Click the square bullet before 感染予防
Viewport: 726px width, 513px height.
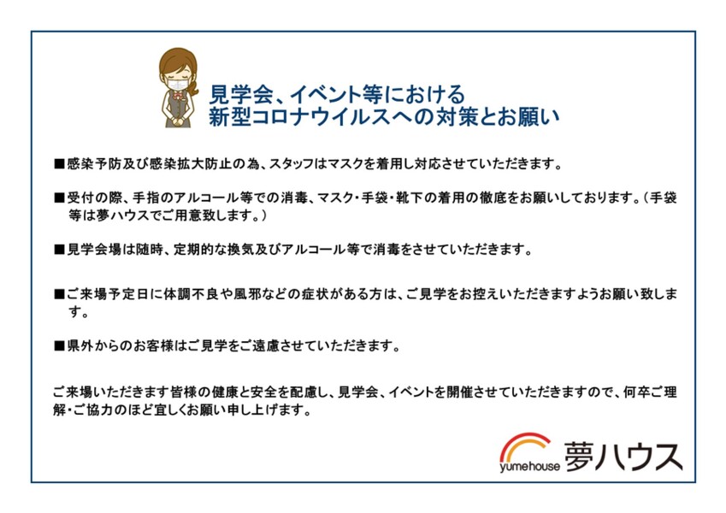point(59,164)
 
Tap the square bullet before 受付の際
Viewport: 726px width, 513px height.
point(59,198)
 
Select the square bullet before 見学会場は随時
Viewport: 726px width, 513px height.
point(59,250)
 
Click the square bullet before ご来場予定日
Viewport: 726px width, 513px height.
point(59,294)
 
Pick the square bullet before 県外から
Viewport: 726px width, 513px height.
point(59,346)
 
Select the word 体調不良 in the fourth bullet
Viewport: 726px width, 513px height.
point(191,294)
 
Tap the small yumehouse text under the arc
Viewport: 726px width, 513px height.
point(529,466)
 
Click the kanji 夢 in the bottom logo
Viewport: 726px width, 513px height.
point(579,457)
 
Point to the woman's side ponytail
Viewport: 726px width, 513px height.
point(193,88)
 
